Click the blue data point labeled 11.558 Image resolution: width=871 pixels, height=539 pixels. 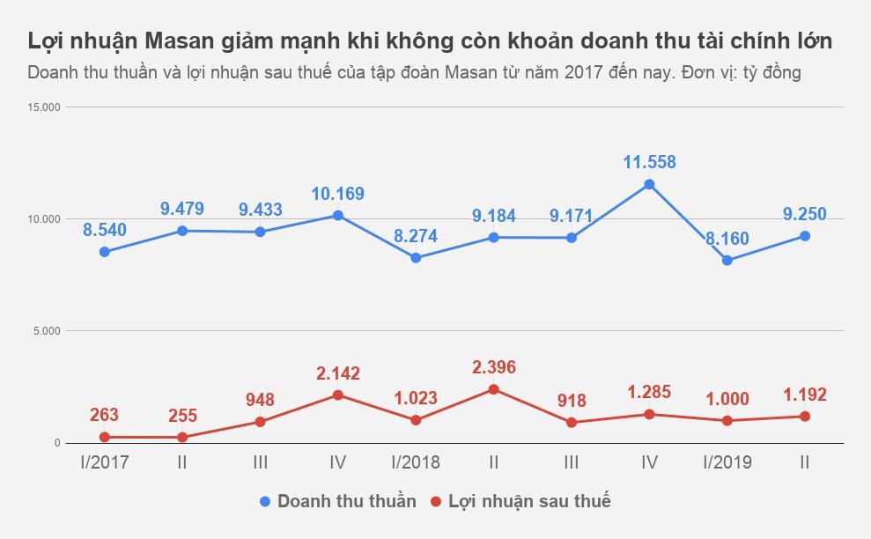click(649, 184)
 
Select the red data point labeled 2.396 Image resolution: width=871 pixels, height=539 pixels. click(493, 389)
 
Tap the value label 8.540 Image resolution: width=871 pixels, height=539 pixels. click(105, 230)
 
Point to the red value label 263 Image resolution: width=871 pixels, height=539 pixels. click(104, 415)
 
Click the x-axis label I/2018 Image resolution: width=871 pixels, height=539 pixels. click(416, 462)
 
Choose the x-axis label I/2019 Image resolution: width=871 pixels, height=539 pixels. click(727, 462)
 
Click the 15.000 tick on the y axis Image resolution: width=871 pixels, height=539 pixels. click(44, 107)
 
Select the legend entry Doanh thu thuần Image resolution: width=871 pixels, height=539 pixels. click(346, 501)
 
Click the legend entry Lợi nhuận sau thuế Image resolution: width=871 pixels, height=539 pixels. click(528, 501)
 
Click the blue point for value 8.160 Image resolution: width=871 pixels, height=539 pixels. click(727, 260)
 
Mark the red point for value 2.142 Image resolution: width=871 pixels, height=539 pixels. click(337, 395)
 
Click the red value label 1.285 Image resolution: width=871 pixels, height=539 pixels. click(649, 392)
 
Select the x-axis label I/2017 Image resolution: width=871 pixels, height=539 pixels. click(104, 462)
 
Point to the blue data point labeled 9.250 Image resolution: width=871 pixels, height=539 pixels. click(804, 236)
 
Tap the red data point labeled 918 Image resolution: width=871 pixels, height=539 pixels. click(571, 423)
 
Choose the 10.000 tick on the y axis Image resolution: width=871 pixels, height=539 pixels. click(44, 219)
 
